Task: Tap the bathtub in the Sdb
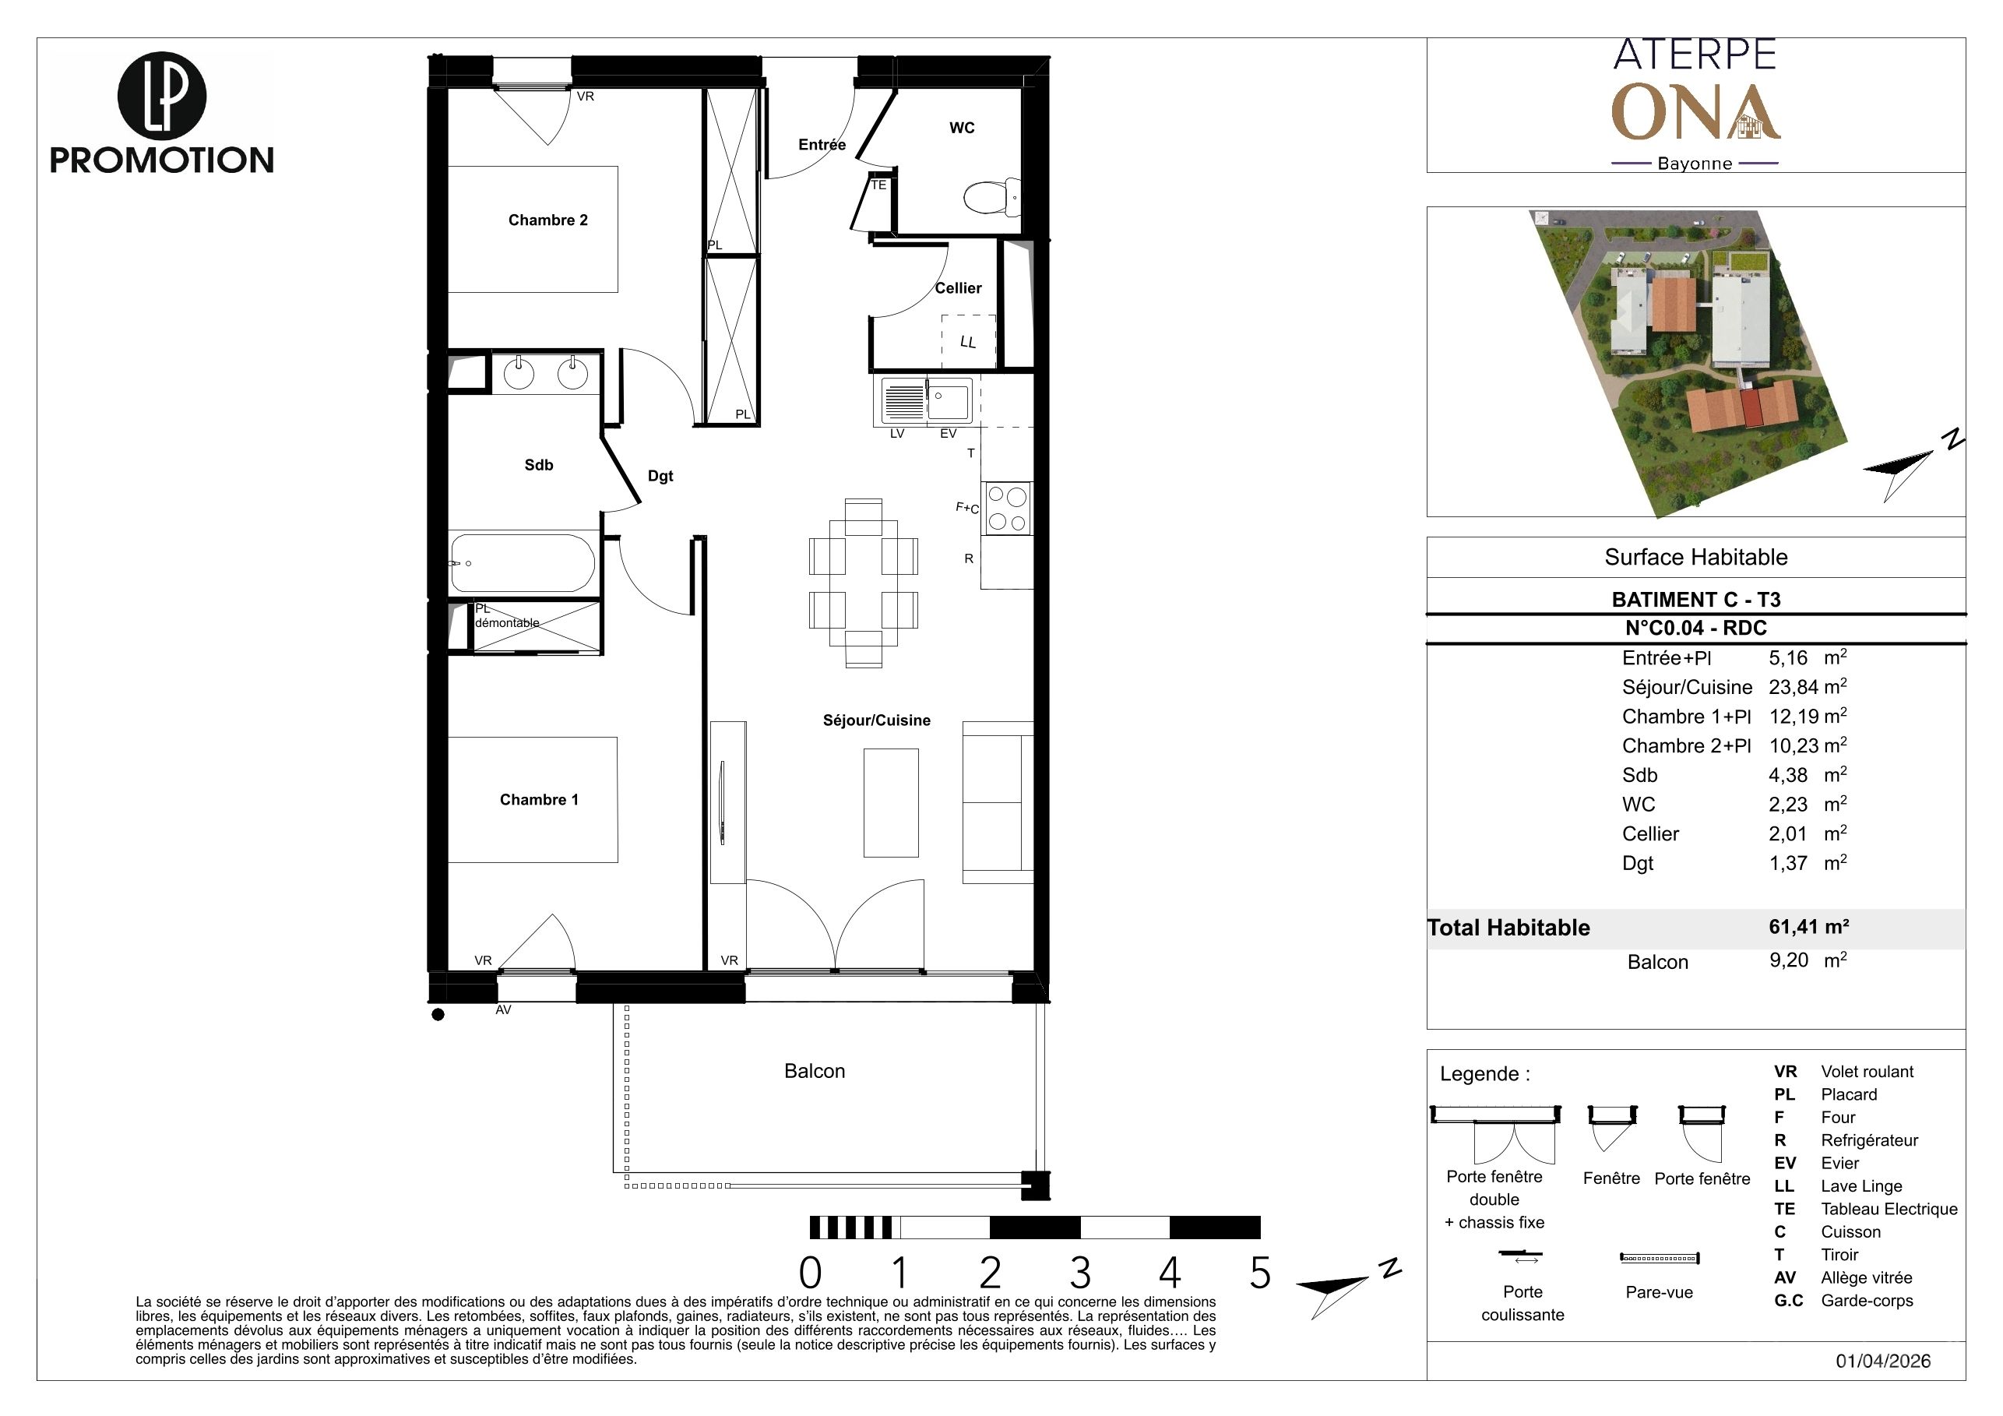523,562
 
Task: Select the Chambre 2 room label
547,220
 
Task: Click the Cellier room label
958,288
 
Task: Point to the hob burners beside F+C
1007,509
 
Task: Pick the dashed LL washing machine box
968,341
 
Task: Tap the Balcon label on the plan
814,1072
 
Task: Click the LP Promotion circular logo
161,96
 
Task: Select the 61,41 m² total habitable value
1808,927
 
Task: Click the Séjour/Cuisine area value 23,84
1794,688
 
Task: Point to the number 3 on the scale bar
1080,1273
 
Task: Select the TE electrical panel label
878,185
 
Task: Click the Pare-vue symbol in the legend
1660,1258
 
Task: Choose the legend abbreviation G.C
1788,1301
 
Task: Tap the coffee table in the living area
891,803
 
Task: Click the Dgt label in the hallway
660,477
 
